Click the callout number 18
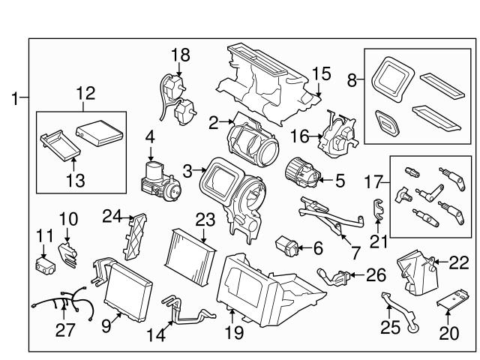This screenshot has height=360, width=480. (181, 55)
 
